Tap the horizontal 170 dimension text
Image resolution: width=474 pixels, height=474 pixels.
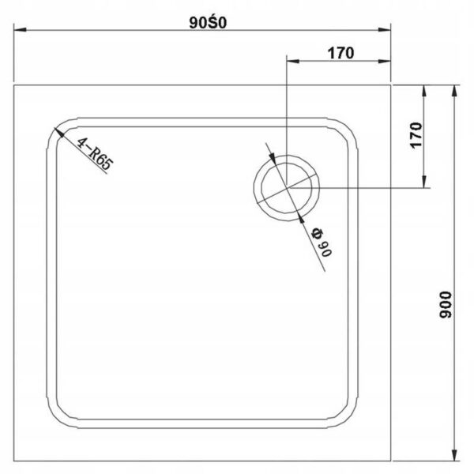pyautogui.click(x=338, y=53)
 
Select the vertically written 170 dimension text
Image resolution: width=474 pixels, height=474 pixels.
pyautogui.click(x=418, y=137)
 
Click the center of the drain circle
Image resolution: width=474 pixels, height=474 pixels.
pyautogui.click(x=287, y=188)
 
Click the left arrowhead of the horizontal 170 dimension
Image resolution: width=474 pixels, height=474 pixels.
pyautogui.click(x=291, y=62)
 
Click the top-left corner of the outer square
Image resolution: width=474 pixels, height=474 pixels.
pyautogui.click(x=17, y=85)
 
